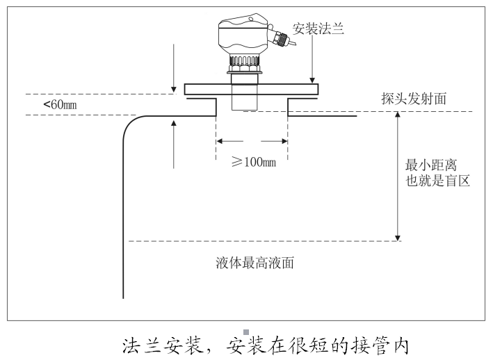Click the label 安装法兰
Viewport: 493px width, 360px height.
click(318, 29)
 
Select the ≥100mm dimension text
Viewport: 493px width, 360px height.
click(253, 162)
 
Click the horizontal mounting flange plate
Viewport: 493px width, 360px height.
click(251, 90)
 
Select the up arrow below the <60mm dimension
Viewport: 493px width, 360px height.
click(173, 142)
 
